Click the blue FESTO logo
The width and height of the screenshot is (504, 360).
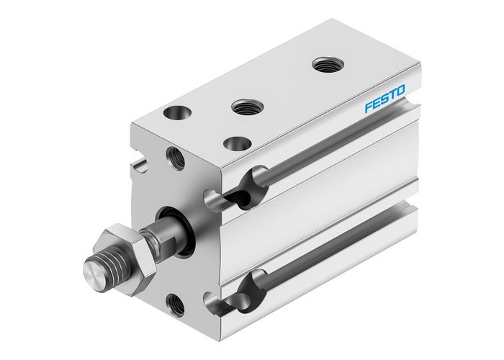click(x=384, y=99)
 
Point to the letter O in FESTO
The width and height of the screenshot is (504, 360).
click(x=400, y=90)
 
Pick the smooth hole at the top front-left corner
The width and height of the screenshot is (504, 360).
click(x=175, y=113)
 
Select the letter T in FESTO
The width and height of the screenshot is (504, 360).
click(x=392, y=94)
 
